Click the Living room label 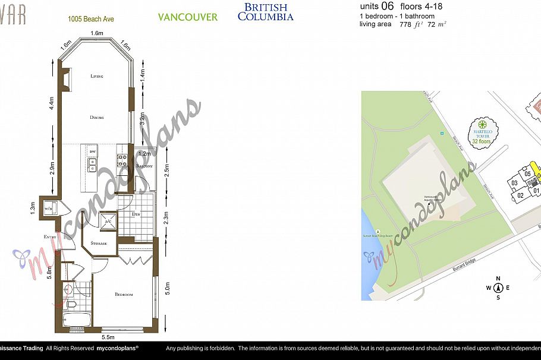click(x=97, y=77)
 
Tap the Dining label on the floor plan click(x=97, y=118)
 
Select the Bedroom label click(x=124, y=295)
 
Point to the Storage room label click(x=99, y=244)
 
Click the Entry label click(x=49, y=238)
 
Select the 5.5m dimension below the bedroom click(x=108, y=337)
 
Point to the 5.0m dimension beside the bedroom click(x=168, y=288)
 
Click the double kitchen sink click(x=92, y=166)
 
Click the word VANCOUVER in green click(x=187, y=17)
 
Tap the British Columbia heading click(x=265, y=12)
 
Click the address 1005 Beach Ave click(x=91, y=19)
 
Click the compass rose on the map click(x=498, y=288)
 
